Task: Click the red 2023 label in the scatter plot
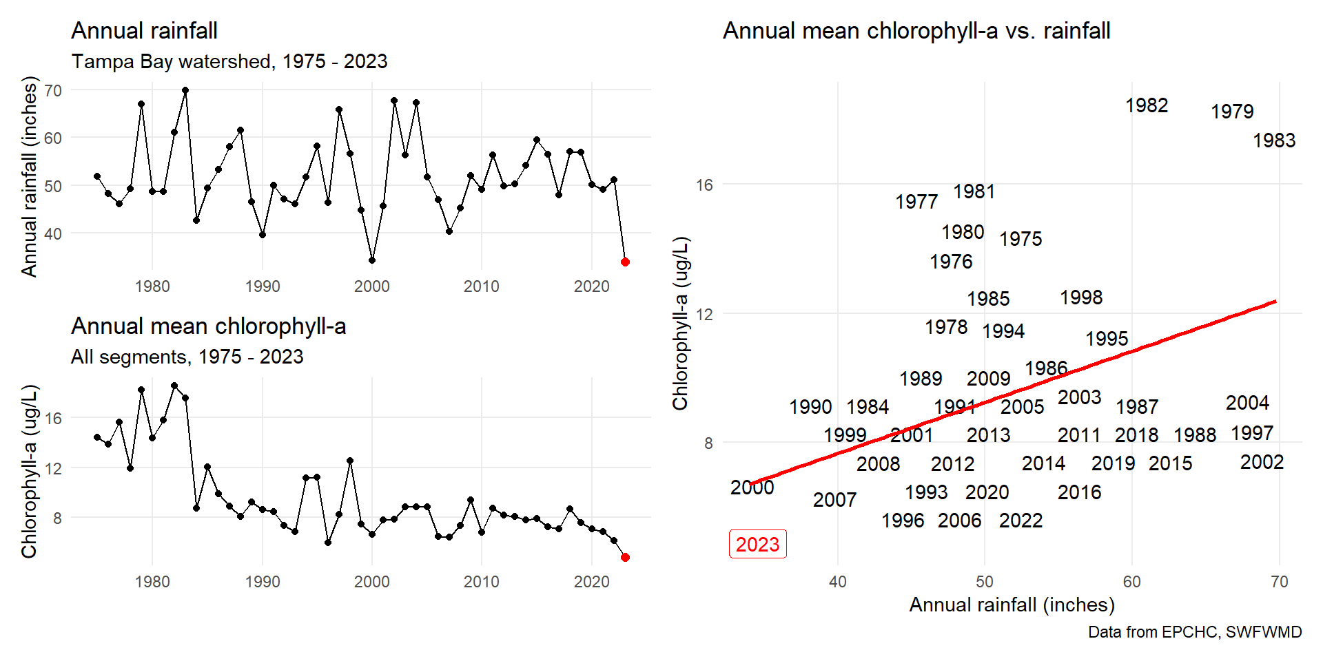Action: coord(757,544)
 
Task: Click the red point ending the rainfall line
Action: coord(625,262)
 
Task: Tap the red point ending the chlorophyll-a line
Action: coord(625,557)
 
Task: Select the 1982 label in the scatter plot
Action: coord(1147,105)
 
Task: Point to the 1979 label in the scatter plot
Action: coord(1232,112)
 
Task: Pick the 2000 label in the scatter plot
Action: coord(752,487)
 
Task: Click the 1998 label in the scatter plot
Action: coord(1081,297)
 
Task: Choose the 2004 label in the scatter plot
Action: coord(1247,403)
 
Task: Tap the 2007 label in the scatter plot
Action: coord(834,500)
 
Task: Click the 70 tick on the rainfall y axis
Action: coord(53,90)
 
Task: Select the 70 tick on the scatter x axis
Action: coord(1279,582)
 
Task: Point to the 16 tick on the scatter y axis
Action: coord(704,185)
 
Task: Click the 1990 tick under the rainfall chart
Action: coord(263,286)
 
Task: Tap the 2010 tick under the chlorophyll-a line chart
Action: coord(481,582)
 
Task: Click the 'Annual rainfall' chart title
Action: coord(144,31)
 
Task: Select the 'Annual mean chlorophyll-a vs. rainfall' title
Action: coord(916,31)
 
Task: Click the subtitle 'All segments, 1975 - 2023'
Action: coord(187,357)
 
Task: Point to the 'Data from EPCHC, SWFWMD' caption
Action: coord(1195,632)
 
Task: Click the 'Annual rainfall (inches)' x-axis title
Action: coord(1012,605)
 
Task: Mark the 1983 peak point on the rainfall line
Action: coord(185,90)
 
